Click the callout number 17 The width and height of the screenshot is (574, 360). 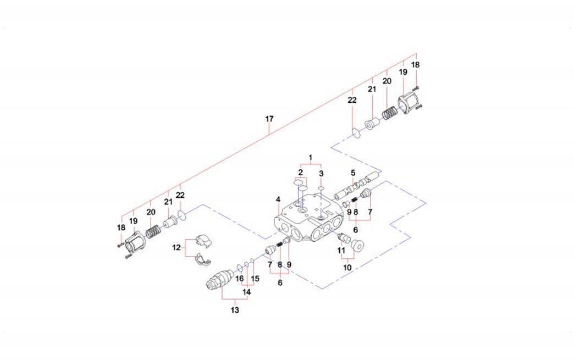click(x=269, y=119)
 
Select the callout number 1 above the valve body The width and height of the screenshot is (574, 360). click(x=310, y=158)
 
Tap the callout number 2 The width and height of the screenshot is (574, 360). click(x=300, y=173)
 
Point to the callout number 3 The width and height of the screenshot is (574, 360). click(x=321, y=174)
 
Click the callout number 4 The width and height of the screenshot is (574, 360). click(x=279, y=199)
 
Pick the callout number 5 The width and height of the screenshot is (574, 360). click(x=353, y=173)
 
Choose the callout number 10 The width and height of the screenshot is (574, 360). click(x=347, y=268)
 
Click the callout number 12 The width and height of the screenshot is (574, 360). click(x=176, y=248)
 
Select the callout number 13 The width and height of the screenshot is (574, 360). click(x=235, y=311)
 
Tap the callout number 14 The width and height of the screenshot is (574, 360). click(x=247, y=292)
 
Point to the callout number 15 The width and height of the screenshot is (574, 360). click(x=255, y=279)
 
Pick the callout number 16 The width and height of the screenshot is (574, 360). click(x=239, y=279)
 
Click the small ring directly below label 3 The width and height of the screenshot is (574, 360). click(x=321, y=188)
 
